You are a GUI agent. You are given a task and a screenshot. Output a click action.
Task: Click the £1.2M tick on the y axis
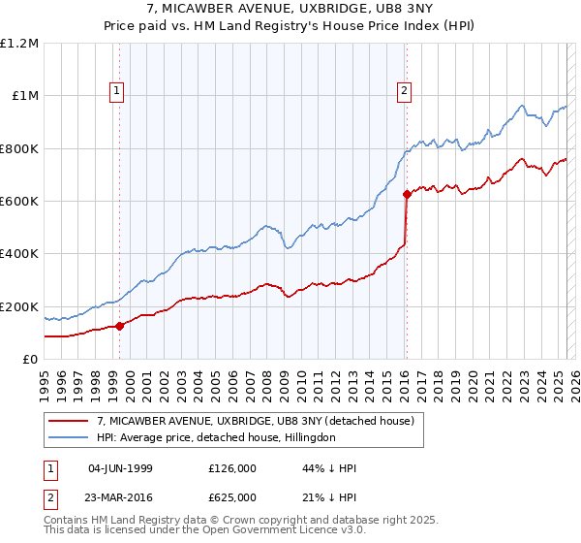tap(19, 43)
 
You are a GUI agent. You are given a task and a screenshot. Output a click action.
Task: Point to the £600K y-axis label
tap(19, 202)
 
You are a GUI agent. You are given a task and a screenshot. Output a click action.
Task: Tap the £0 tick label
tap(29, 360)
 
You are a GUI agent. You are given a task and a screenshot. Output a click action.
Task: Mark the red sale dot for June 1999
tap(120, 326)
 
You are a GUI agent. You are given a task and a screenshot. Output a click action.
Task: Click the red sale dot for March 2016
tap(407, 194)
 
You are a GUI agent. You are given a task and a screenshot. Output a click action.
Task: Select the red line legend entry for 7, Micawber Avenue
tap(256, 421)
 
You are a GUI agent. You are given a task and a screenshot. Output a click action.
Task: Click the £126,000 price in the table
tap(231, 468)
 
